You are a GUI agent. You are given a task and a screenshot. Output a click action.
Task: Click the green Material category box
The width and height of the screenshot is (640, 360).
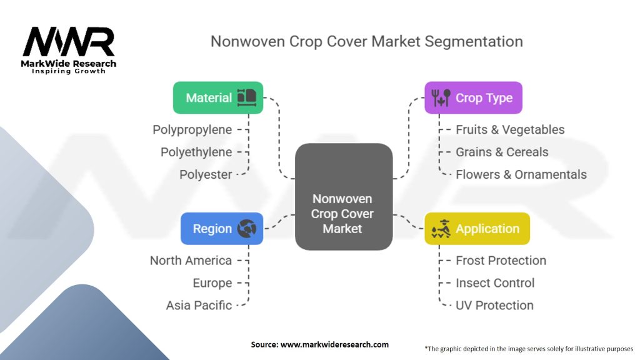point(218,97)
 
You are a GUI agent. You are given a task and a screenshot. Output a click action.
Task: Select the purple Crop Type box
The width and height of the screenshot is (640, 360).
point(474,97)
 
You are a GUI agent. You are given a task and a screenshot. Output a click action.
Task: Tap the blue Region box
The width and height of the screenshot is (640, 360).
point(222,229)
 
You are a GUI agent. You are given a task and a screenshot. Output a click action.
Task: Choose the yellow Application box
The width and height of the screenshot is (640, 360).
point(477,229)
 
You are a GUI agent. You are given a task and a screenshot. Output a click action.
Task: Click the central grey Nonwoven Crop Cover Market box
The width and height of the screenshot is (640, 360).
point(344,197)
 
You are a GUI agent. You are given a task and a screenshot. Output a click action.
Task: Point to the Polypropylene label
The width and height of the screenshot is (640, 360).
point(192,130)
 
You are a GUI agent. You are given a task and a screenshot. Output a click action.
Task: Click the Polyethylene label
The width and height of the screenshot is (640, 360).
point(196,152)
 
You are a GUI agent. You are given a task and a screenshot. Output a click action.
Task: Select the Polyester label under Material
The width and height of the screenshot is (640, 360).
point(206,175)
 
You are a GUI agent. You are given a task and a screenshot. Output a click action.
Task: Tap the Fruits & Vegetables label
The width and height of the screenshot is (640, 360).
point(510,130)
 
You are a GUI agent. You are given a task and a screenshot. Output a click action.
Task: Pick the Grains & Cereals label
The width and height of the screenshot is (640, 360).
point(502,152)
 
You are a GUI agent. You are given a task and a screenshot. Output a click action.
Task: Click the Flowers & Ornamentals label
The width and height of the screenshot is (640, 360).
point(521,175)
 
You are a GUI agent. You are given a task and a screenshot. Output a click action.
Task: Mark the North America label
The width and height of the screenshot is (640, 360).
point(191,261)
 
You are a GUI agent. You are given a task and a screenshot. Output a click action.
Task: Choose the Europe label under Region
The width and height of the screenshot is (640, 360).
point(212,283)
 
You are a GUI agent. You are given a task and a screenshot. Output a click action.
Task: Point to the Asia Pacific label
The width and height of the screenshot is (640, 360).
point(199,305)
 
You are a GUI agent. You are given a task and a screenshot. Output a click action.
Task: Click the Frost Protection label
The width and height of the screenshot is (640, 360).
point(501,261)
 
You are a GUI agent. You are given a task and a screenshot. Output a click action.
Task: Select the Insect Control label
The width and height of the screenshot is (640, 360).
point(495,283)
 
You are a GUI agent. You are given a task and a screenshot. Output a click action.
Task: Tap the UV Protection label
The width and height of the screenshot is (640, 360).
point(495,305)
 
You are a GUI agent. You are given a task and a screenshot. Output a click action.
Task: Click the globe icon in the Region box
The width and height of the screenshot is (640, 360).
point(247,229)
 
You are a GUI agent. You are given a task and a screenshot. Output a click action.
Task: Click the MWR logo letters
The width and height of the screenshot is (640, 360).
point(69,42)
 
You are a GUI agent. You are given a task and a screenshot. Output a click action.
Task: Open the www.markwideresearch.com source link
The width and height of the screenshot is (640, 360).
point(335,344)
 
